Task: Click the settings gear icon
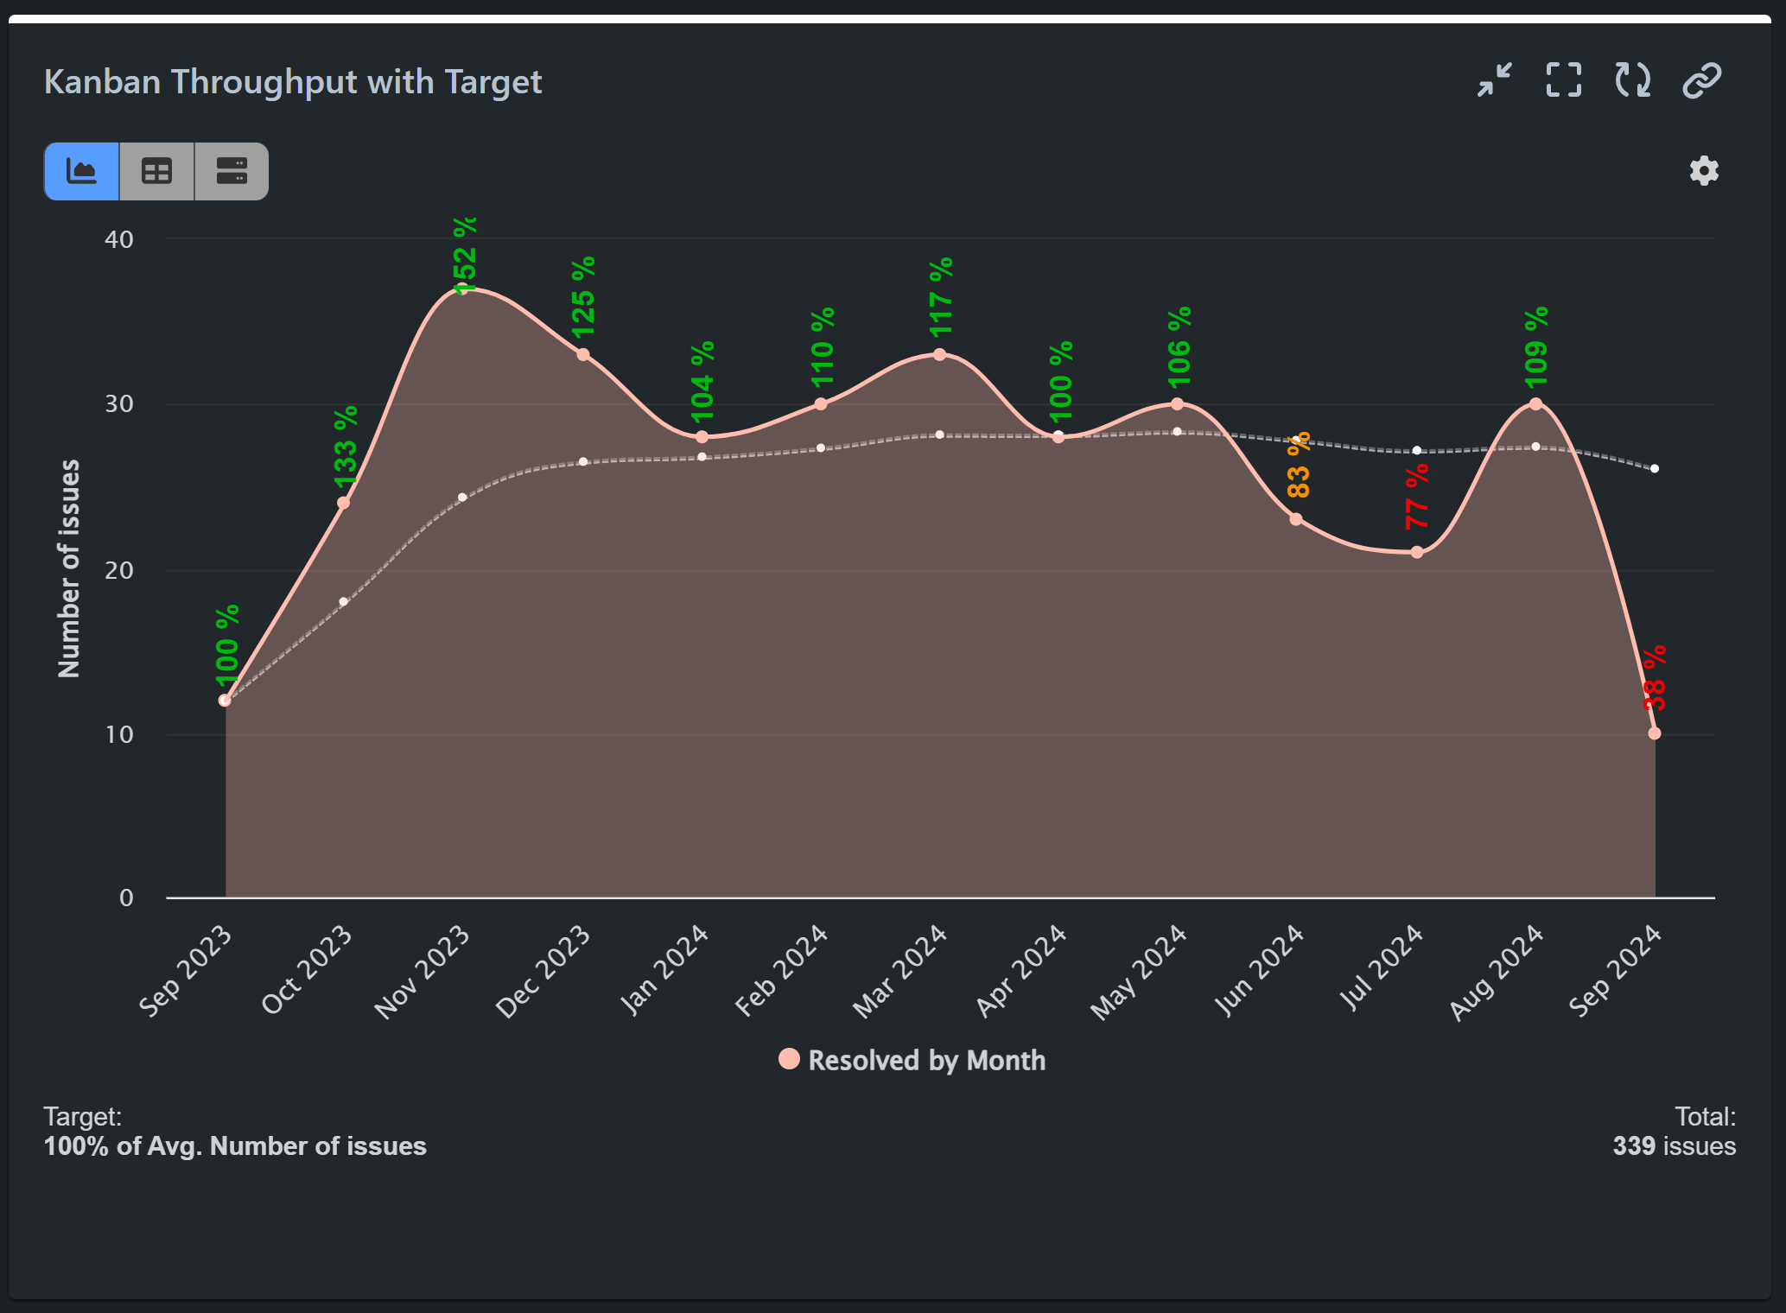coord(1704,171)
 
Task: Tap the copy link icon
coord(1701,80)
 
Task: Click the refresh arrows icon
coord(1632,80)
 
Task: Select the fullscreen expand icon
coord(1563,80)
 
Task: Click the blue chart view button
coord(82,171)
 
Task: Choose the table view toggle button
coord(156,171)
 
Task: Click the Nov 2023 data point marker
coord(463,289)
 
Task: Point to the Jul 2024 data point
coord(1417,552)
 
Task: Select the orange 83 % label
coord(1299,465)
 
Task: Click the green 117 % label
coord(941,297)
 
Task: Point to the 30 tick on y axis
coord(119,404)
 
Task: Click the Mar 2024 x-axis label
coord(899,971)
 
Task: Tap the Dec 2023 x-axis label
coord(543,971)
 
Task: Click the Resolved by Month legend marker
coord(789,1059)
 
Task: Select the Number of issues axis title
coord(69,568)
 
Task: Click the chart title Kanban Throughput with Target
coord(293,82)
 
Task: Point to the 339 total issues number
coord(1634,1146)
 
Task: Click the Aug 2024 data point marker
coord(1535,403)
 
